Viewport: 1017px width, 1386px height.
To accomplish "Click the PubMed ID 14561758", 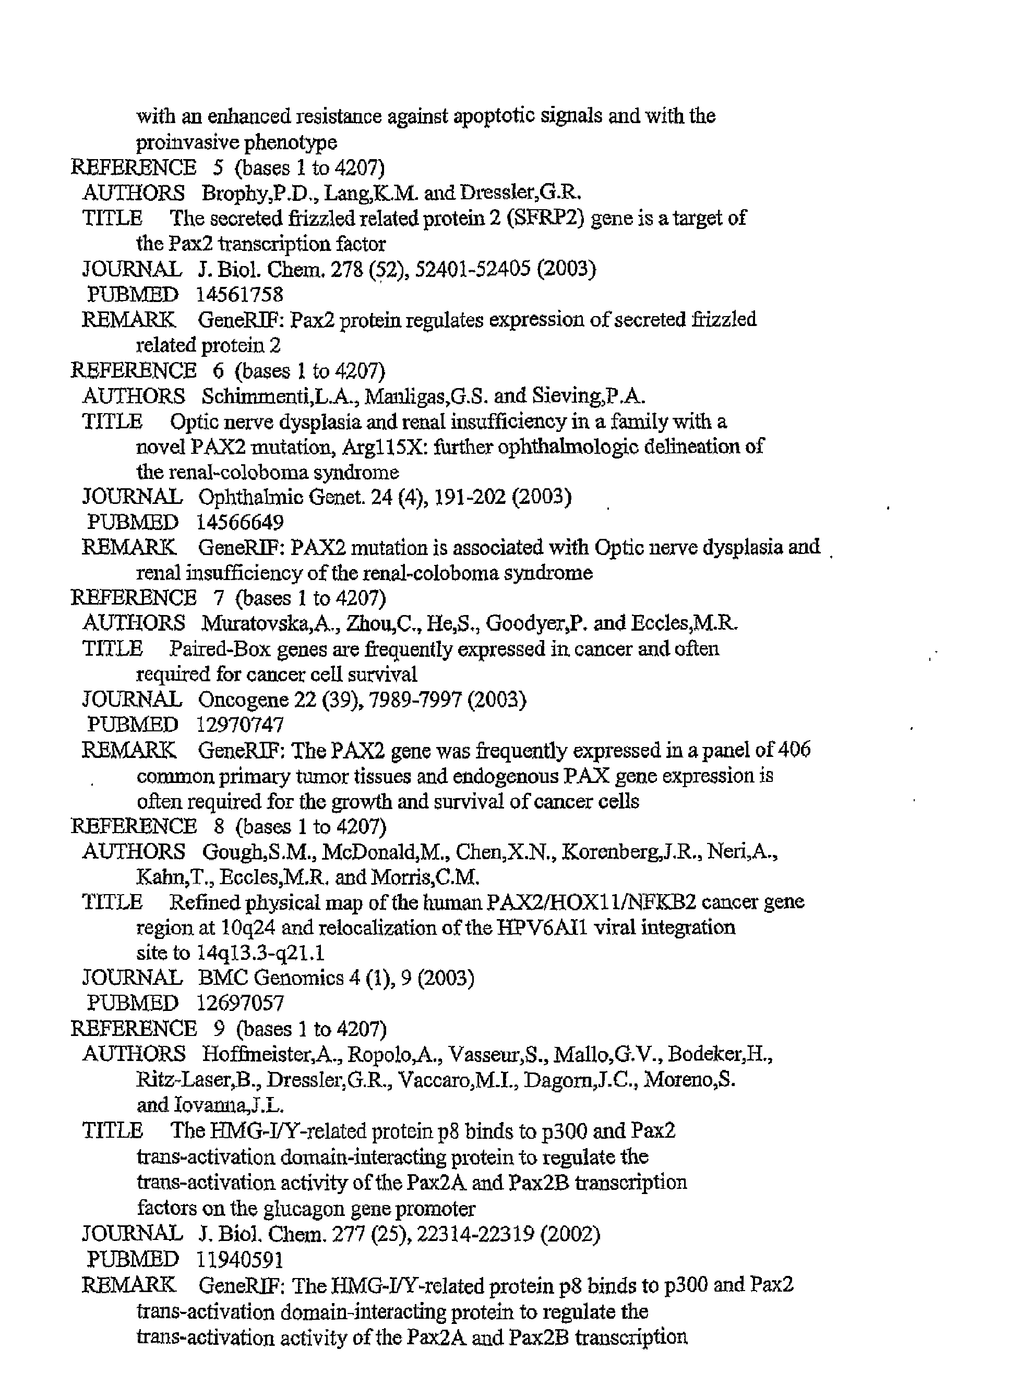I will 240,295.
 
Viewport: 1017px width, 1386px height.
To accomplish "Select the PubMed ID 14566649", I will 240,523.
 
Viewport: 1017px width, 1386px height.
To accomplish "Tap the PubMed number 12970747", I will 240,725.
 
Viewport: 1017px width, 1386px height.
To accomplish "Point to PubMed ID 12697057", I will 240,1003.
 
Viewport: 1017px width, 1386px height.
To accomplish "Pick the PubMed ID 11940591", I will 240,1260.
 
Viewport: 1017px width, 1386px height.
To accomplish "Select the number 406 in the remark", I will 794,750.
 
